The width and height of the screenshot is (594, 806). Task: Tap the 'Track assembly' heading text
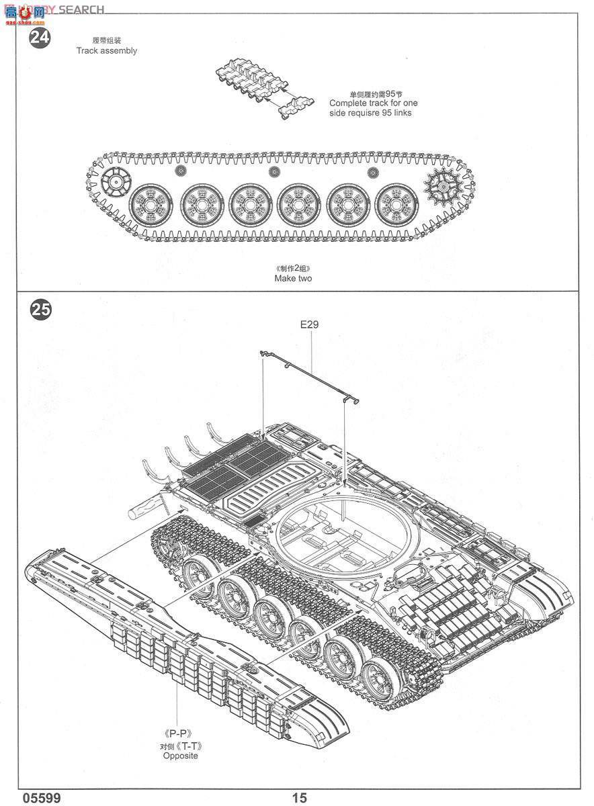(x=106, y=50)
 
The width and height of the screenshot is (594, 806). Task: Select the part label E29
(x=310, y=324)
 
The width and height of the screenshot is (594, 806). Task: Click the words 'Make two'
(x=293, y=278)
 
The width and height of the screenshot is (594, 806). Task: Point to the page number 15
(x=299, y=797)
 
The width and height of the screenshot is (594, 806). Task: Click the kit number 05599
(x=42, y=797)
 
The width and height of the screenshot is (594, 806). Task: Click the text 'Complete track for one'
(x=373, y=103)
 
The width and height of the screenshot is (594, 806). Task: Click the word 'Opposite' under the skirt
(x=180, y=756)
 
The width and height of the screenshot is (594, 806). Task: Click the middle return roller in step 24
(x=273, y=172)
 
